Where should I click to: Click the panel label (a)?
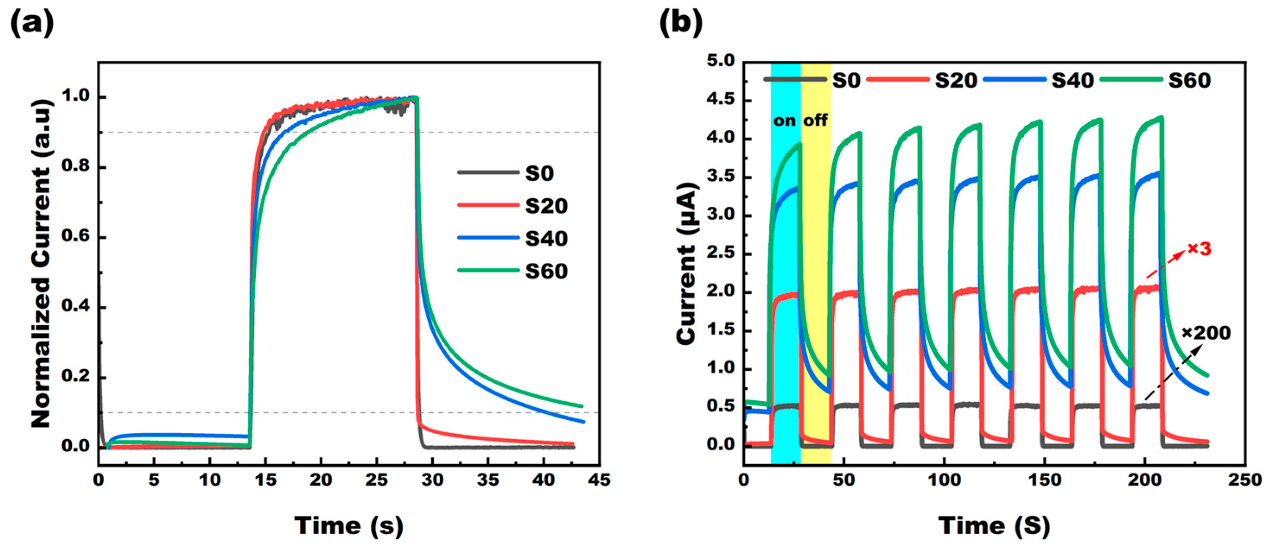pyautogui.click(x=32, y=23)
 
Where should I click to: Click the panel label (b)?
pyautogui.click(x=681, y=23)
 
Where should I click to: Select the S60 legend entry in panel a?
pyautogui.click(x=546, y=271)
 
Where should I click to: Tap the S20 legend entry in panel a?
pyautogui.click(x=546, y=205)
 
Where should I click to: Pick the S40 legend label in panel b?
pyautogui.click(x=1073, y=80)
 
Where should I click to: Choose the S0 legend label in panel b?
pyautogui.click(x=846, y=80)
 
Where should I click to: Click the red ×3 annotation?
pyautogui.click(x=1199, y=249)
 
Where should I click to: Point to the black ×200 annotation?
pyautogui.click(x=1206, y=333)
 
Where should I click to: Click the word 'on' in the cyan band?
pyautogui.click(x=785, y=120)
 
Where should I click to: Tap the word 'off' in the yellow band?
pyautogui.click(x=816, y=120)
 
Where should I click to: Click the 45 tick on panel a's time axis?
pyautogui.click(x=599, y=479)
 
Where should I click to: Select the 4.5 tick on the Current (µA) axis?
pyautogui.click(x=722, y=100)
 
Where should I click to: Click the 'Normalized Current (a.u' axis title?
pyautogui.click(x=41, y=264)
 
